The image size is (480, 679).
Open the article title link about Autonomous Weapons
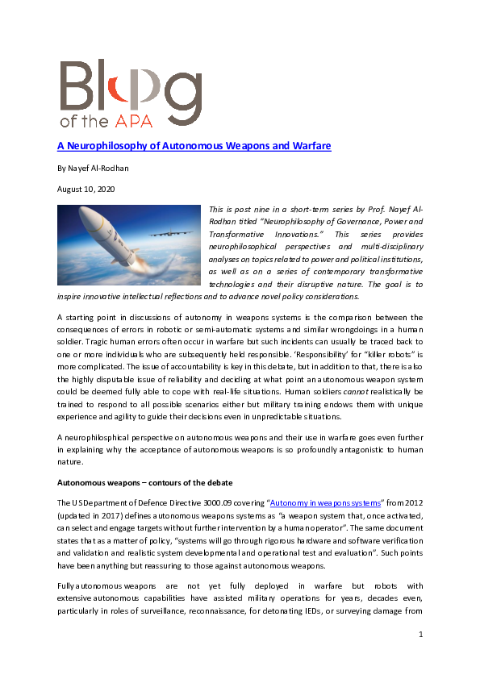coord(194,145)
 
